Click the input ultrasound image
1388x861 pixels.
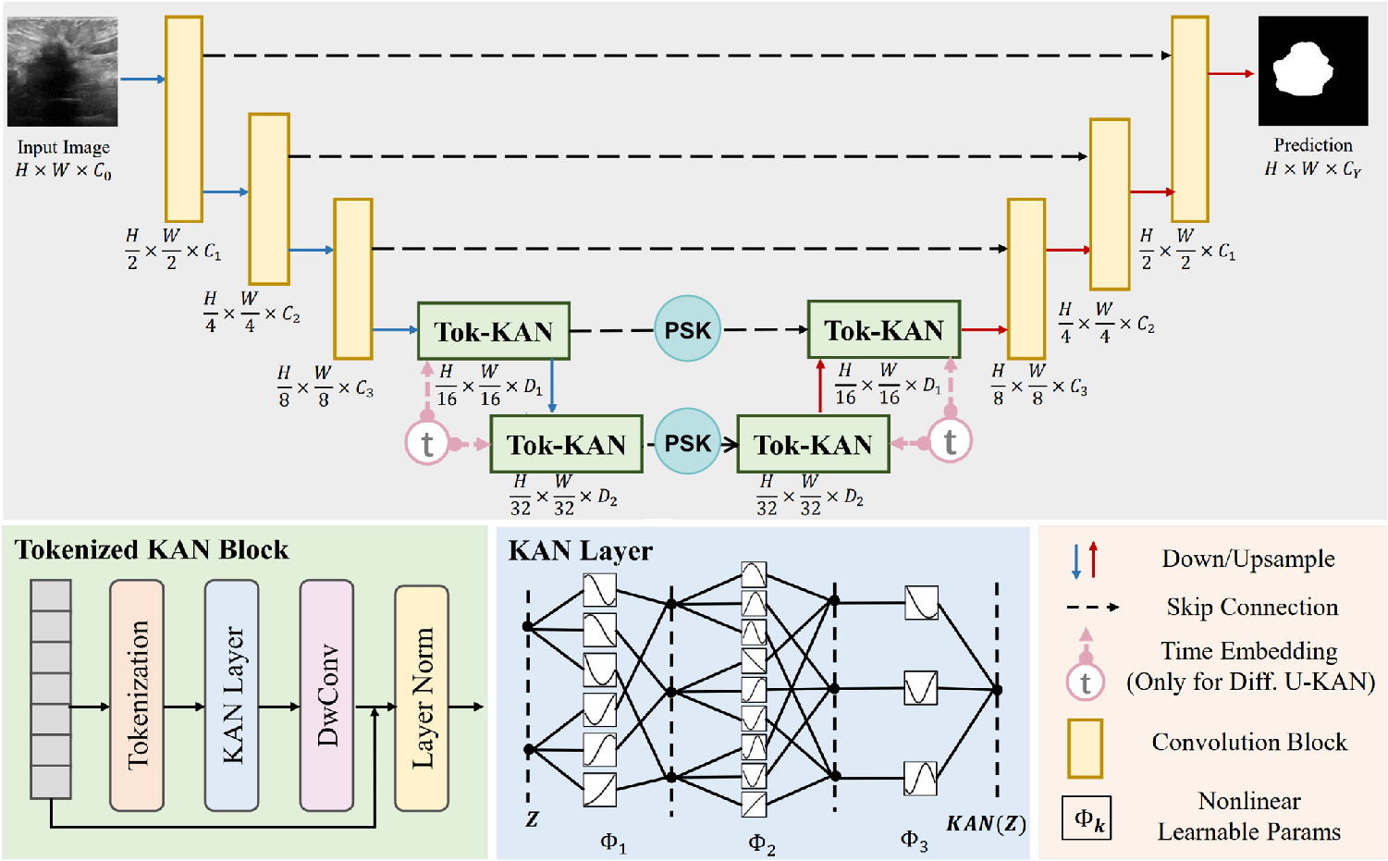tap(63, 71)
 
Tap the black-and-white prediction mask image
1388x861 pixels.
tap(1312, 71)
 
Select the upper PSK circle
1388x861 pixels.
tap(687, 329)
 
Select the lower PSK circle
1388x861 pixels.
tap(687, 442)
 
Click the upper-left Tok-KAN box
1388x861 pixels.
tap(494, 331)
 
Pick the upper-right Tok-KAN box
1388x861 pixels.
tap(884, 330)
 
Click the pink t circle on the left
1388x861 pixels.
tap(426, 443)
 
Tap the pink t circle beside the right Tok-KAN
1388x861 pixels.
tap(950, 441)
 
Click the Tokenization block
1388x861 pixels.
tap(137, 695)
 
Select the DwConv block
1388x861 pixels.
tap(326, 695)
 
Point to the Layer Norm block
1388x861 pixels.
tap(422, 698)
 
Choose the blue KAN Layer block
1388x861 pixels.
tap(231, 695)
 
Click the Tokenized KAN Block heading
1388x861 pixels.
tap(152, 550)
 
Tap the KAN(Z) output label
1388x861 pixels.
tap(986, 823)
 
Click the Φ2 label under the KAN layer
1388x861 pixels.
tap(761, 843)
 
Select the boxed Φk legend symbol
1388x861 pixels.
tap(1087, 818)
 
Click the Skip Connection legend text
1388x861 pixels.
tap(1252, 608)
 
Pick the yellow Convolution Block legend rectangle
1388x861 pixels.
tap(1085, 748)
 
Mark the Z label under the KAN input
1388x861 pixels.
tap(532, 819)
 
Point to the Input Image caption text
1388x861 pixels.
tap(63, 147)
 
